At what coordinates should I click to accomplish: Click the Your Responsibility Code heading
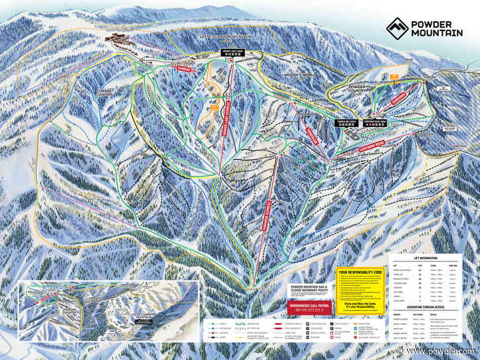click(x=359, y=272)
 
